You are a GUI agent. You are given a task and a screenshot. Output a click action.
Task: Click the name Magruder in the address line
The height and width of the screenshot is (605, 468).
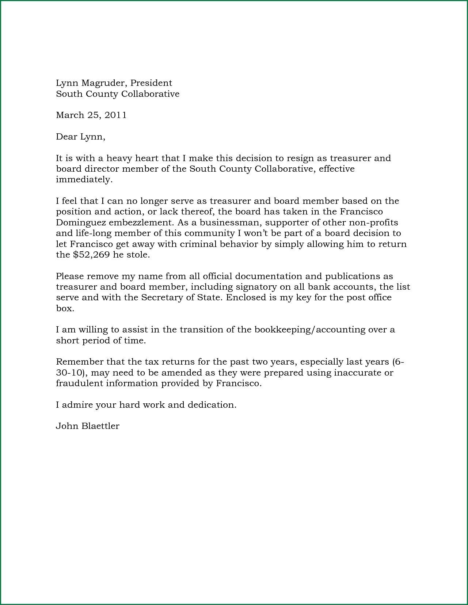pyautogui.click(x=103, y=83)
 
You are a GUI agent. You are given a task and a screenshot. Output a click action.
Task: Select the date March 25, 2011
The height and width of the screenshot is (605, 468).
pyautogui.click(x=91, y=115)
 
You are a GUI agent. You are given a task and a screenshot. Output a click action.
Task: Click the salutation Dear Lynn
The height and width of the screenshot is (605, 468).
pyautogui.click(x=80, y=137)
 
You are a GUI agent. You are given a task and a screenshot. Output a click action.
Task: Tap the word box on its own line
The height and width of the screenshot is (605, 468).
pyautogui.click(x=65, y=308)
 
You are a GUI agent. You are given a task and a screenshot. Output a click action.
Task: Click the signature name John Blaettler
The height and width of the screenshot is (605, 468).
pyautogui.click(x=87, y=426)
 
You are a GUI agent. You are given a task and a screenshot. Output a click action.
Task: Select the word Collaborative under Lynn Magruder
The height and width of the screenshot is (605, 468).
pyautogui.click(x=150, y=94)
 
